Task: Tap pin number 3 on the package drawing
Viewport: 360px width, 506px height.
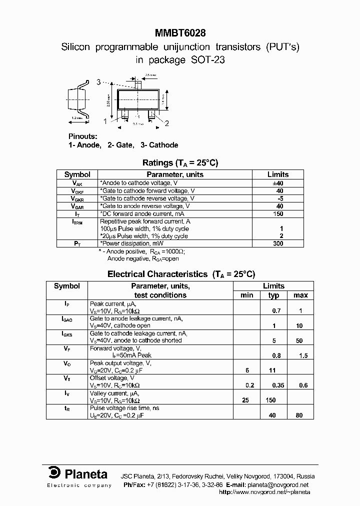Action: click(x=98, y=82)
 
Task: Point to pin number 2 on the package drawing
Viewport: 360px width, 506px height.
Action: click(x=167, y=123)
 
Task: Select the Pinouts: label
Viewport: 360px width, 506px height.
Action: click(x=83, y=136)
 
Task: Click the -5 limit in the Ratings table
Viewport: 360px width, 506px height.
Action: click(x=279, y=198)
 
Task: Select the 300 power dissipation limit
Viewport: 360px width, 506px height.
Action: click(x=278, y=243)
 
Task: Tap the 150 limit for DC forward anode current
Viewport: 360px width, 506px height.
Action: click(x=278, y=213)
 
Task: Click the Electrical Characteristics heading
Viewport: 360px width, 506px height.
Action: click(x=157, y=274)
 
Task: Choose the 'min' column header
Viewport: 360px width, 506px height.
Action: click(x=247, y=295)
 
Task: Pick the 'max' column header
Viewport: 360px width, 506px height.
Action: click(x=300, y=295)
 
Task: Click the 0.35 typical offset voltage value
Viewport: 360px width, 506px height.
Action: click(x=274, y=385)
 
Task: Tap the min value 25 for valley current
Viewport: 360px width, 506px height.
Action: click(x=245, y=400)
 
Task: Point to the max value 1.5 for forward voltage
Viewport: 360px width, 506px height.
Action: click(x=300, y=355)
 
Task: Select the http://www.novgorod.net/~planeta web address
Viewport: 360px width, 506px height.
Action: click(x=264, y=492)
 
